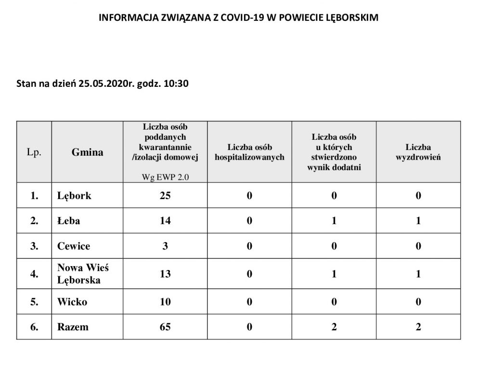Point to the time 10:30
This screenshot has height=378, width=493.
point(176,84)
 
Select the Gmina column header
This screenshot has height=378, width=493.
point(87,152)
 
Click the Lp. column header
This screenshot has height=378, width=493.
point(34,152)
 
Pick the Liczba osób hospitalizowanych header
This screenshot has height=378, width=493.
point(249,152)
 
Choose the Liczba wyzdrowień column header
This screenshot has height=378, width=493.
point(418,152)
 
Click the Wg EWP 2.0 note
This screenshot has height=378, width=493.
point(165,176)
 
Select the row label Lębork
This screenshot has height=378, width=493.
point(74,196)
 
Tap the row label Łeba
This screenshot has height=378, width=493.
point(68,221)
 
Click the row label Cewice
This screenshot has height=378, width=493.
point(73,246)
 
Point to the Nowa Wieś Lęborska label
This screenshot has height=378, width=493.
point(83,273)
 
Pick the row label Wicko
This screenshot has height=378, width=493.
point(72,302)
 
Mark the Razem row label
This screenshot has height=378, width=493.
point(73,327)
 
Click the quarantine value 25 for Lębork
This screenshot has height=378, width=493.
point(165,196)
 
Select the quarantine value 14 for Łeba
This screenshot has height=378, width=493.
point(165,221)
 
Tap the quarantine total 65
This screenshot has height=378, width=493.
point(165,327)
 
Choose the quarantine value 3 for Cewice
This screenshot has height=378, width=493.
point(165,246)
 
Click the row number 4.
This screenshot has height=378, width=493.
point(34,274)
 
